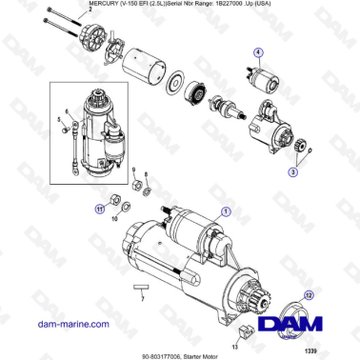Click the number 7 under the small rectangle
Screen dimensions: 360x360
[x=141, y=299]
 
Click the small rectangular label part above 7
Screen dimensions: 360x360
[x=141, y=286]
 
